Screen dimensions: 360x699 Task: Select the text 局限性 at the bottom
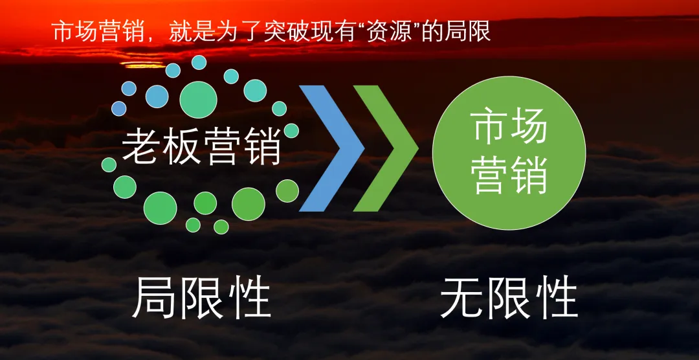[201, 298]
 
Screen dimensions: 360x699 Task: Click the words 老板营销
[201, 146]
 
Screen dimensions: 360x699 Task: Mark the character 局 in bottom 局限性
[155, 298]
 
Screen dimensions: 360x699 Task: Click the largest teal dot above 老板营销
[198, 99]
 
